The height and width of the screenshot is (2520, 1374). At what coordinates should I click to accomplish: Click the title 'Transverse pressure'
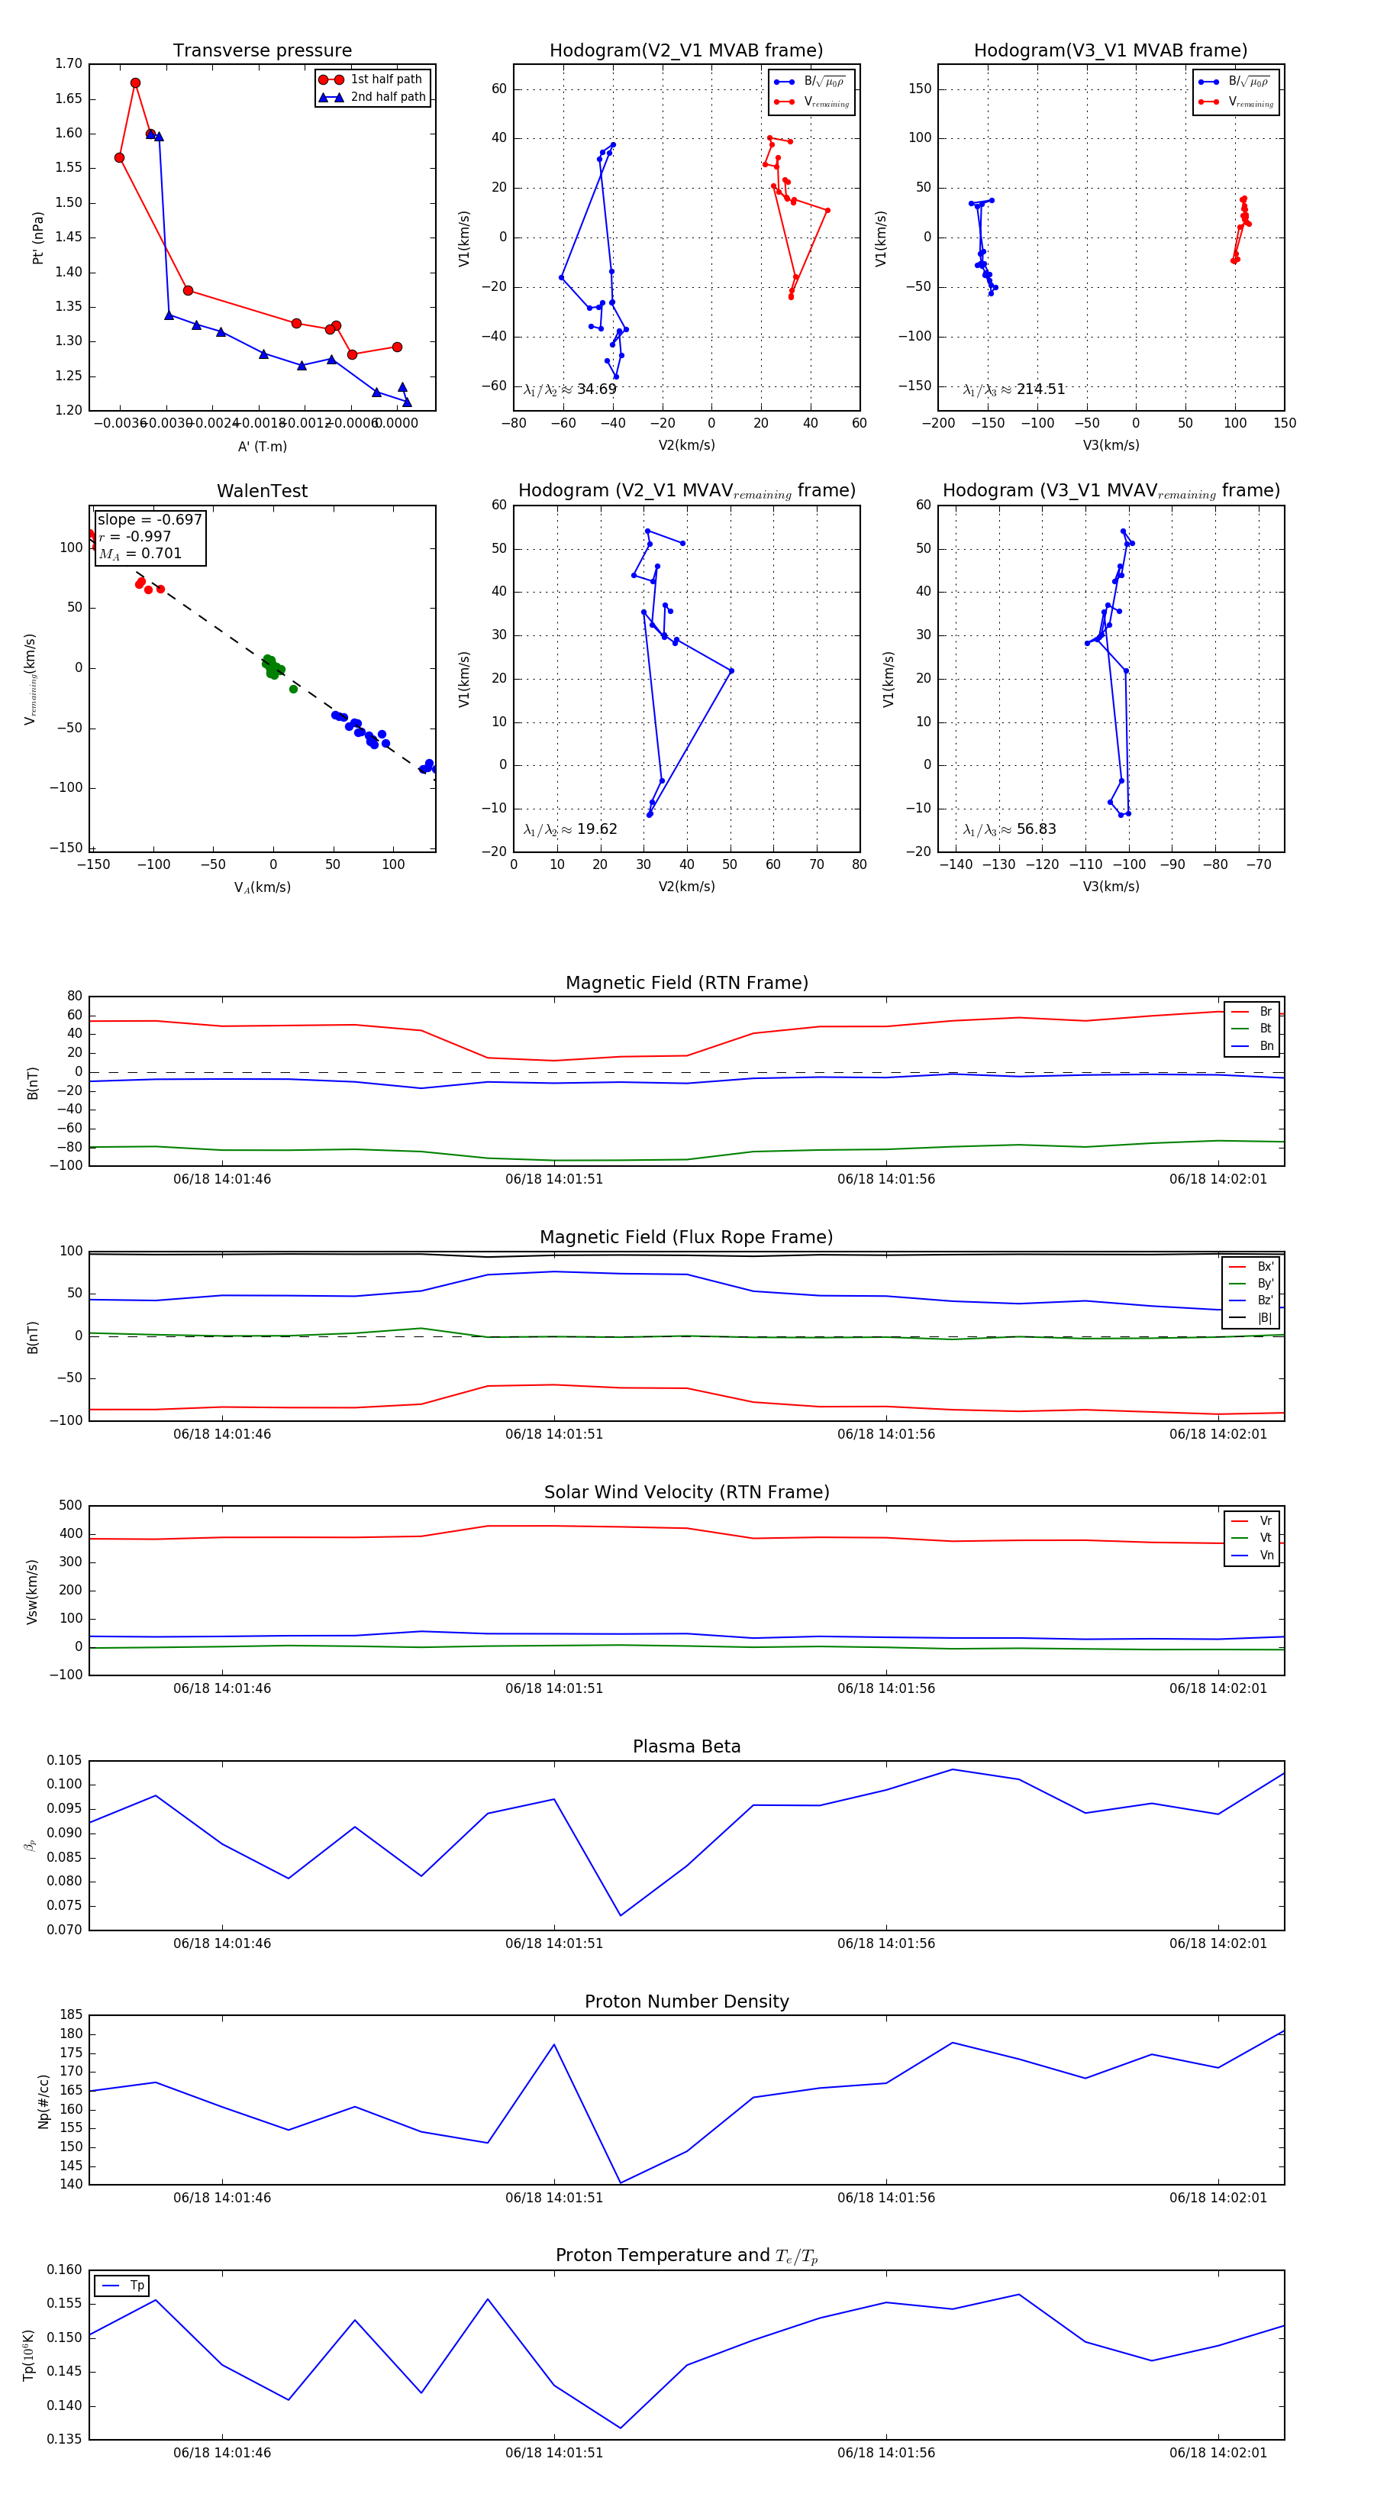click(x=262, y=51)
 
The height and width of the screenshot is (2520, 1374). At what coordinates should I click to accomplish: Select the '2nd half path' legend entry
click(x=387, y=97)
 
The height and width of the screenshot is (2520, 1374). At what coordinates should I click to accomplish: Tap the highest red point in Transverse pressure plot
click(x=135, y=83)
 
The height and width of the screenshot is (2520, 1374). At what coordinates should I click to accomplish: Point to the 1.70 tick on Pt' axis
click(x=69, y=63)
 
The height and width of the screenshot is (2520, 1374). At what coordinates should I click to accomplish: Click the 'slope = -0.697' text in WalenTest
click(x=150, y=519)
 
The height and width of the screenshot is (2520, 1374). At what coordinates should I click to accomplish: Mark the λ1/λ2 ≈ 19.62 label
click(x=570, y=829)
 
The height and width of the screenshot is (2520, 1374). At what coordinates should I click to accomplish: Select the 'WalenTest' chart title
click(x=262, y=491)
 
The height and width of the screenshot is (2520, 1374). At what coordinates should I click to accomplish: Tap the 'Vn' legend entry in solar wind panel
click(x=1266, y=1556)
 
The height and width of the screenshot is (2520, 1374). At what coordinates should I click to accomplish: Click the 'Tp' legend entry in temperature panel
click(x=136, y=2286)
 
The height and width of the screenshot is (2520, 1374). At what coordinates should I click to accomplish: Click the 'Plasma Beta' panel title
click(x=686, y=1746)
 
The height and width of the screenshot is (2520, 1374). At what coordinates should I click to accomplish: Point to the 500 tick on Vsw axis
click(x=70, y=1506)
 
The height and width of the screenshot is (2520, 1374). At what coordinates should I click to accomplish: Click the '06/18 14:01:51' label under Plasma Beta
click(x=553, y=1943)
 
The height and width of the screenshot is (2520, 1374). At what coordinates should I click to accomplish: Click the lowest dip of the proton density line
click(x=620, y=2182)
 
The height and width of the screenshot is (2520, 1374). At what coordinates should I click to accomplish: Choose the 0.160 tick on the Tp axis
click(x=65, y=2270)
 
